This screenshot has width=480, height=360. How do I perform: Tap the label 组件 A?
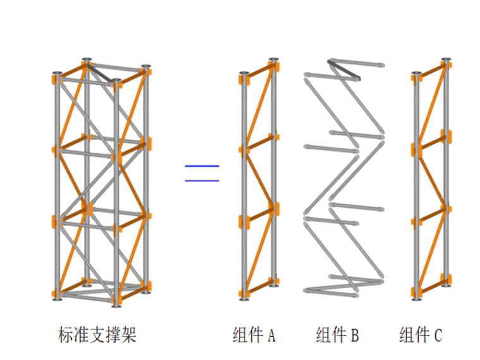click(x=254, y=335)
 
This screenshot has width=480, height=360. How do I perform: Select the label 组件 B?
click(x=337, y=335)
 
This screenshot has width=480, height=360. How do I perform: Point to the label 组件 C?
click(x=421, y=335)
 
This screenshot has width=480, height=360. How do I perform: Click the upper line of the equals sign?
click(x=202, y=166)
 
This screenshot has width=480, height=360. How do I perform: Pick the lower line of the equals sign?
click(x=202, y=181)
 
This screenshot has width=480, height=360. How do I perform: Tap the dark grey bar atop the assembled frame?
click(x=102, y=71)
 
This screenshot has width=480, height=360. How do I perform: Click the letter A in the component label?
click(x=272, y=335)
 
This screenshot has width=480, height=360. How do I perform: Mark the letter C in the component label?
click(x=438, y=335)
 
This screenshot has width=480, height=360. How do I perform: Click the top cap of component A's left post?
click(x=243, y=75)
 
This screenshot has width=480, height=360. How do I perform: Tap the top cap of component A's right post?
click(x=273, y=61)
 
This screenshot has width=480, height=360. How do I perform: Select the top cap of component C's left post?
click(x=416, y=75)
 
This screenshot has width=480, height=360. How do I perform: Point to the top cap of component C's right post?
click(x=446, y=61)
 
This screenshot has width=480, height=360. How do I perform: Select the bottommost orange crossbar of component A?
click(x=258, y=288)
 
